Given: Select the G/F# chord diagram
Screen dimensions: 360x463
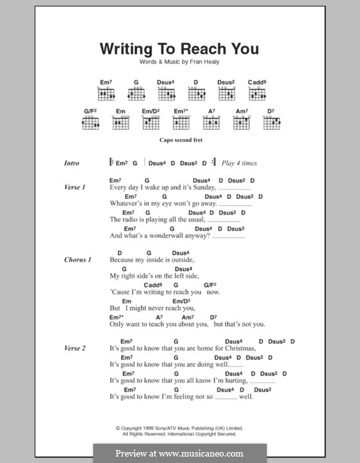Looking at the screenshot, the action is pos(90,122).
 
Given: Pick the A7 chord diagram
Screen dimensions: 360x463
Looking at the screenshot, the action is pos(212,122).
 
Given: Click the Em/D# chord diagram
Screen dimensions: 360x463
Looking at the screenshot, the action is pos(150,122).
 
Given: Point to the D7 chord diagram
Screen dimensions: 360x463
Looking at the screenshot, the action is pos(272,122).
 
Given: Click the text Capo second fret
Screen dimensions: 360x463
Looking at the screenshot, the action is pos(179,139).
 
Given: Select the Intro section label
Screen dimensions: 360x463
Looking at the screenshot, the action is pos(71,163).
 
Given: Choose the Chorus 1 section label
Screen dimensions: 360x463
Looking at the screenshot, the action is pos(77,260).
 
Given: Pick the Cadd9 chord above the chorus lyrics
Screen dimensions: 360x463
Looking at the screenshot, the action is pos(152,284).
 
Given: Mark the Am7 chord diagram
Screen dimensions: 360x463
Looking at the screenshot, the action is pos(242,122).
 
